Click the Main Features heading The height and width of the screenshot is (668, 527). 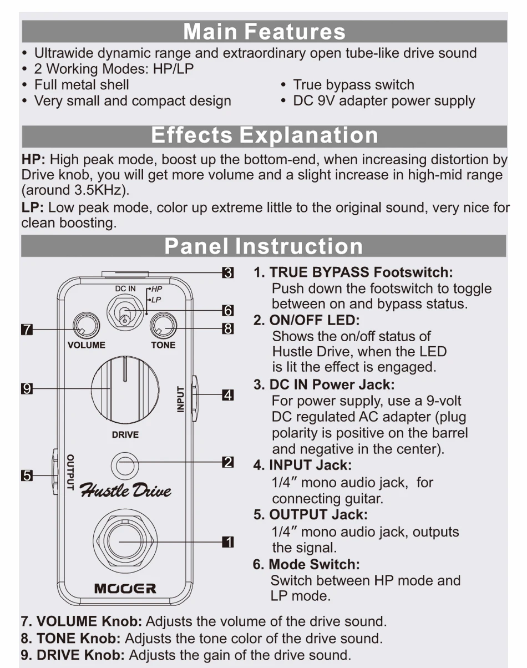tap(264, 32)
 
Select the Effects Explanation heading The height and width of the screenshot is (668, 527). tap(265, 135)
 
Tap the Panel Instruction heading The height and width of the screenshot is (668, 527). tap(263, 246)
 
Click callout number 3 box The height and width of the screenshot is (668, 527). tap(228, 273)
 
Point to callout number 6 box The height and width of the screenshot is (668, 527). tap(228, 310)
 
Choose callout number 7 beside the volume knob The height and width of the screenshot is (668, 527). tap(27, 330)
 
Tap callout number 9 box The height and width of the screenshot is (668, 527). tap(27, 388)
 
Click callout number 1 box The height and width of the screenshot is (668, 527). tap(228, 542)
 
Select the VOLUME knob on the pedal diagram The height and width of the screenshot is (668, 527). tap(87, 325)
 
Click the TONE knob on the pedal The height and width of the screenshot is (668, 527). tap(163, 325)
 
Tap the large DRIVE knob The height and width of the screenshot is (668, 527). tap(125, 390)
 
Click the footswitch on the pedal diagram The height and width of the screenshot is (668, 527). tap(125, 542)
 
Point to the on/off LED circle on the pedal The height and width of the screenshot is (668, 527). tap(125, 466)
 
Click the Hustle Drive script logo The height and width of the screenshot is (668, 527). tap(125, 490)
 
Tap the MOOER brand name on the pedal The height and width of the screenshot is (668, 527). tap(125, 589)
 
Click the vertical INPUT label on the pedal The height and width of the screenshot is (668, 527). tap(180, 399)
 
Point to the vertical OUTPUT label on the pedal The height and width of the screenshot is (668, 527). tap(70, 472)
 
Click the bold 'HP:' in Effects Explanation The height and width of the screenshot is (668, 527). tap(33, 160)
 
